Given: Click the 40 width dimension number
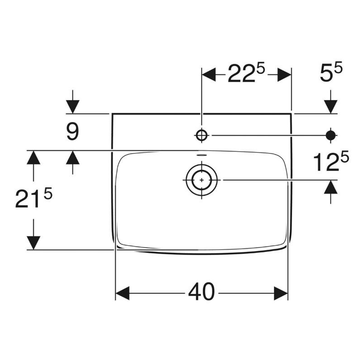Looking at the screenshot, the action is click(x=201, y=291).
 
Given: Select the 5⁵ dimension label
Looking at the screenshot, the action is click(x=331, y=72).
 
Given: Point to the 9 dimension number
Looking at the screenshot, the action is click(x=73, y=132).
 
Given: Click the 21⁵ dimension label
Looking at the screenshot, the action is click(x=34, y=198).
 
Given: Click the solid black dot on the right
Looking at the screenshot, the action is click(x=331, y=135).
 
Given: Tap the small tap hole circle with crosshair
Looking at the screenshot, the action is click(x=202, y=135).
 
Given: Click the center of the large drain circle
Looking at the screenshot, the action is click(x=202, y=180).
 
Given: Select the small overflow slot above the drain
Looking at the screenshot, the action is click(x=202, y=155).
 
